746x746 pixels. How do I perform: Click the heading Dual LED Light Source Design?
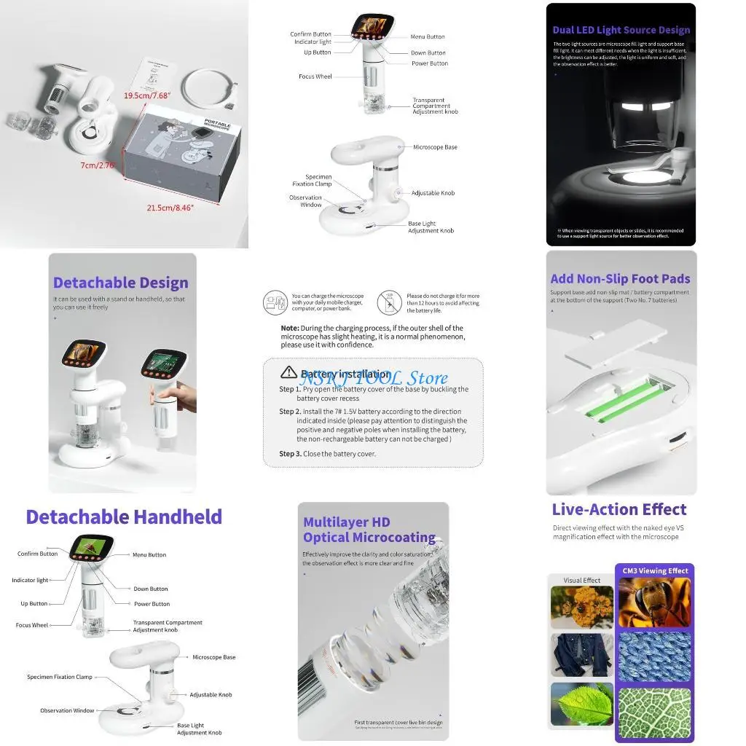pos(621,31)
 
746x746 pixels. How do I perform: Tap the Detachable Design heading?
pos(120,283)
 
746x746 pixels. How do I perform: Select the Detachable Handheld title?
pos(124,517)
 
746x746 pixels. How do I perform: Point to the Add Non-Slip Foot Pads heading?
pos(620,278)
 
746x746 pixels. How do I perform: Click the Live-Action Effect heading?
pos(619,509)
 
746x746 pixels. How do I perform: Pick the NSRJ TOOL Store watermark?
pos(374,377)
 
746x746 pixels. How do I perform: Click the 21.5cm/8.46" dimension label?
pos(170,208)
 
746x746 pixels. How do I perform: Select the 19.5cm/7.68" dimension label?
pos(146,95)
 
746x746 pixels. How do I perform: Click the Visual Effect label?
pos(582,581)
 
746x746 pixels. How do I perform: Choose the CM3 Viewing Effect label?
pos(653,571)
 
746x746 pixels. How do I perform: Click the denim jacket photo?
pos(582,653)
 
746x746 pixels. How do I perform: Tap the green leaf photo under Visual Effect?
pos(582,704)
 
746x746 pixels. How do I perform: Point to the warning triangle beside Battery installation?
pos(288,373)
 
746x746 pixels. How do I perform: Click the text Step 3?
pos(290,454)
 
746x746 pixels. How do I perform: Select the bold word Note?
pos(290,329)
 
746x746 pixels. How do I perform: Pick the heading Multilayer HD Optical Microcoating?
pos(369,530)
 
